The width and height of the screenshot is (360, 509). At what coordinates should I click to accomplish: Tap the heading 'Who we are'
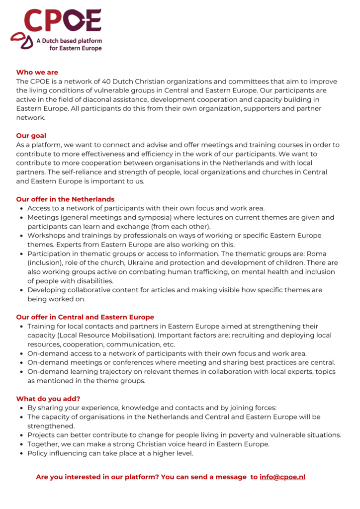(37, 73)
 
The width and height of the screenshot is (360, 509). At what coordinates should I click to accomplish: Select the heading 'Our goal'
(31, 136)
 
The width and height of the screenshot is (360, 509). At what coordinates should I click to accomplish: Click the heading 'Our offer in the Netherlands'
(65, 199)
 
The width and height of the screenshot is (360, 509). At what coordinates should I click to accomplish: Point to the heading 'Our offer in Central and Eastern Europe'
(85, 317)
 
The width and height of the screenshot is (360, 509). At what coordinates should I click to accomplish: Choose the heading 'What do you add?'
(48, 399)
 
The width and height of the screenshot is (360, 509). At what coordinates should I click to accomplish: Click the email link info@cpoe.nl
(282, 477)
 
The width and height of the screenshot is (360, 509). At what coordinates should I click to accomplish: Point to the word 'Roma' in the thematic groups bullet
(317, 254)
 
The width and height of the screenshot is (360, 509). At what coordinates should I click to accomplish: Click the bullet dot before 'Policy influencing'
(21, 453)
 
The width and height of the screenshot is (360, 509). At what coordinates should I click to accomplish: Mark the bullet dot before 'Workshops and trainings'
(21, 236)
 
